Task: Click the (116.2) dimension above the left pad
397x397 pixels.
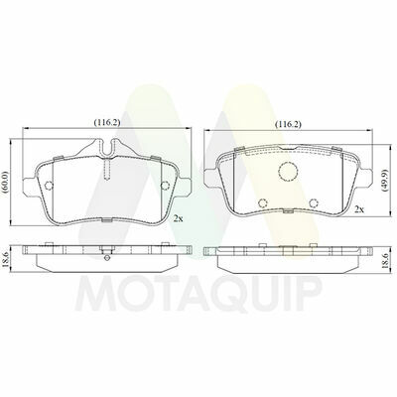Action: (x=107, y=122)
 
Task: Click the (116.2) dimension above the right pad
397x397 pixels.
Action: (x=289, y=124)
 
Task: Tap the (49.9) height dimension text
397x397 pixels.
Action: (x=384, y=181)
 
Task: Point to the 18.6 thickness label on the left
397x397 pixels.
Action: (x=5, y=260)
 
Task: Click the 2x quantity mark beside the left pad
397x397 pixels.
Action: (x=179, y=218)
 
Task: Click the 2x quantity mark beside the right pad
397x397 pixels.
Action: (x=359, y=209)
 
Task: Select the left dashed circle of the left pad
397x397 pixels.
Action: (x=49, y=186)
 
